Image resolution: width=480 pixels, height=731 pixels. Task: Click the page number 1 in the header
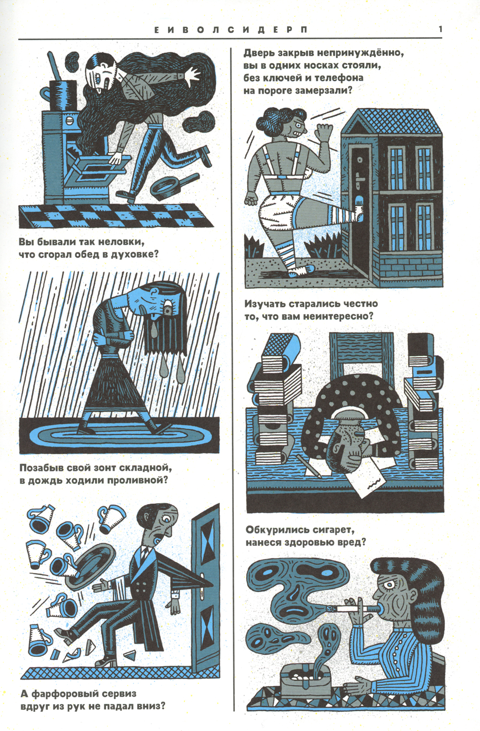(x=440, y=29)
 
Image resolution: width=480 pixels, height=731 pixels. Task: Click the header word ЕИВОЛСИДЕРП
(x=230, y=30)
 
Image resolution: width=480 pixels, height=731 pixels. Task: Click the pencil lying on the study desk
(x=308, y=467)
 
